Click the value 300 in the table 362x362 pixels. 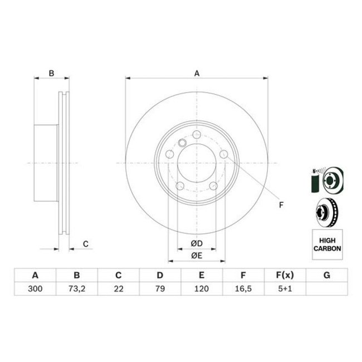click(x=35, y=289)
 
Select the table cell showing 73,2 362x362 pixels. click(x=77, y=289)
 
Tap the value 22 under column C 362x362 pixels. click(x=118, y=289)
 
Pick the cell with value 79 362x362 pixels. click(x=160, y=289)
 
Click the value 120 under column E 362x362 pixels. click(x=202, y=289)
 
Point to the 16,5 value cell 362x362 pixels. click(x=243, y=289)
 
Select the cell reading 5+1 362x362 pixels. click(x=285, y=289)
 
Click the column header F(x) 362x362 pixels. click(x=285, y=275)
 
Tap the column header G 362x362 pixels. click(x=326, y=275)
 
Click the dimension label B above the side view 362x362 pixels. click(x=51, y=73)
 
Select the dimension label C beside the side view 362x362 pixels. click(x=85, y=243)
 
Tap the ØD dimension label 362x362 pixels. click(x=195, y=243)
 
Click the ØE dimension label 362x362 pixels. click(x=195, y=255)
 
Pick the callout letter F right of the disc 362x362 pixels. click(x=281, y=206)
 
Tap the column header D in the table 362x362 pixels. click(x=160, y=275)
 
